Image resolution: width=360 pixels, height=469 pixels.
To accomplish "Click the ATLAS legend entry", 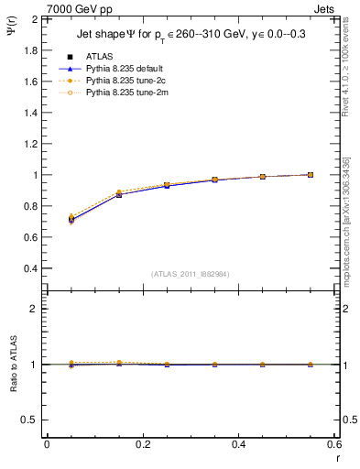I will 99,57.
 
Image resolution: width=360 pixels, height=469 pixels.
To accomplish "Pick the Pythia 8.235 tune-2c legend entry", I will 124,81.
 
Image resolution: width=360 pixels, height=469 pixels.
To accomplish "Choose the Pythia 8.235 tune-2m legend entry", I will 124,93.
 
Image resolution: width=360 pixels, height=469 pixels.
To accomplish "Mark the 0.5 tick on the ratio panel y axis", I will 29,420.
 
